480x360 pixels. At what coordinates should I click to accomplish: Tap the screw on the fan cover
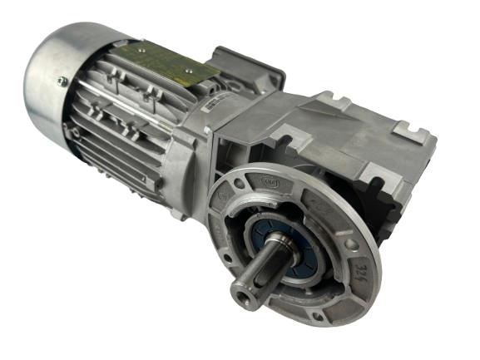pyautogui.click(x=62, y=81)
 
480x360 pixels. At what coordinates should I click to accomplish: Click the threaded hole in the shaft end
pyautogui.click(x=243, y=292)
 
